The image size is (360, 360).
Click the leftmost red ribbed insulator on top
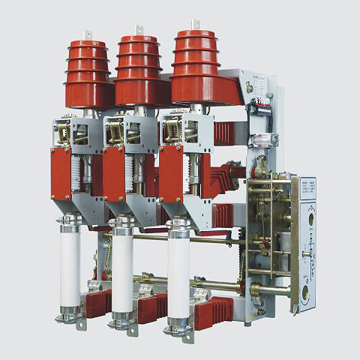[x=88, y=72]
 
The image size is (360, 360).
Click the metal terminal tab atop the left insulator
[x=88, y=34]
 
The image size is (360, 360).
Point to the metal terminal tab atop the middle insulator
[x=139, y=30]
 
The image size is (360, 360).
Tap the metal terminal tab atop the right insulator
[x=195, y=25]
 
